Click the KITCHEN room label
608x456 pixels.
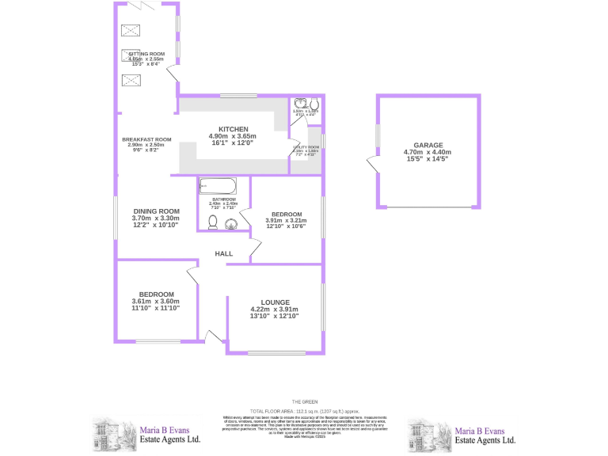coord(234,129)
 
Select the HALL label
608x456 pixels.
coord(224,253)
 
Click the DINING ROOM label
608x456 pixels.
coord(155,211)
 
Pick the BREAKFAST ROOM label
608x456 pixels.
coord(146,139)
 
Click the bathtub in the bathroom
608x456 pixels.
coord(217,187)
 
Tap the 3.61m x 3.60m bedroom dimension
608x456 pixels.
coord(155,301)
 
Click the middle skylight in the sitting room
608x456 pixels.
coord(130,55)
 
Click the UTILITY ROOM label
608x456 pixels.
coord(305,147)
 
